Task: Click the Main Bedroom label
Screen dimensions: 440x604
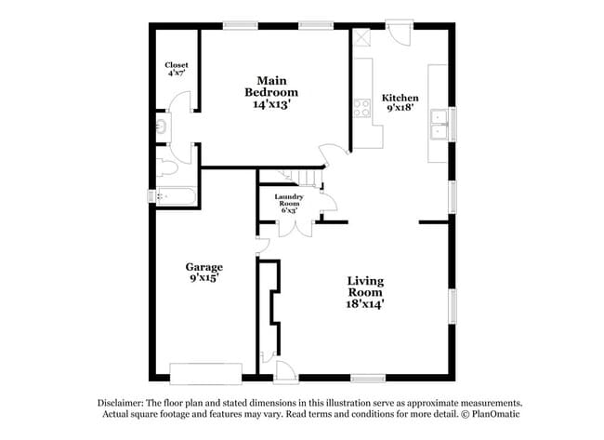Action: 271,87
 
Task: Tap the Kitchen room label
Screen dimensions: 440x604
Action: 400,99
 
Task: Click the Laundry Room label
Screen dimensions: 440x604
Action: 288,200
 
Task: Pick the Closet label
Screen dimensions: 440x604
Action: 177,65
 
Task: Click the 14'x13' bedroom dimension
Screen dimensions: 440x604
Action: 271,105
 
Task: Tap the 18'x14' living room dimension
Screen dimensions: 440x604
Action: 365,302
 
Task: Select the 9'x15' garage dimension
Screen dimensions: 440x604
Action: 204,278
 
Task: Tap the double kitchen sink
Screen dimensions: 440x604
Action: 438,124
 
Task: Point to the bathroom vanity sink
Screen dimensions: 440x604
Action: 162,125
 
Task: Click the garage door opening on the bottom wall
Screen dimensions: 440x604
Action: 206,374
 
